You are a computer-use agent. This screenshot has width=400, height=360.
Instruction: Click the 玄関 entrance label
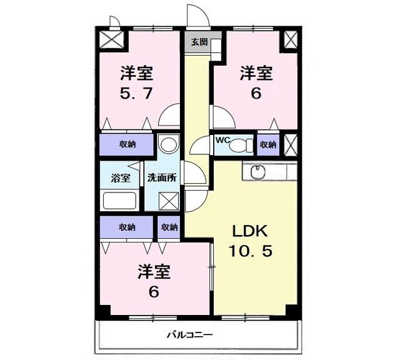click(199, 42)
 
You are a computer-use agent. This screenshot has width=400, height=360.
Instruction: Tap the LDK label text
click(249, 232)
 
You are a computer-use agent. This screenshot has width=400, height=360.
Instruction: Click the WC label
click(222, 141)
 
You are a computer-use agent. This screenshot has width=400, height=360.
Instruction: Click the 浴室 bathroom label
click(121, 177)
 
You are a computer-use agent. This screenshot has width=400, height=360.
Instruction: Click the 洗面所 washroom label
click(162, 177)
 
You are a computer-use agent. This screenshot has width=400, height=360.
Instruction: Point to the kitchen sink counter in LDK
click(269, 171)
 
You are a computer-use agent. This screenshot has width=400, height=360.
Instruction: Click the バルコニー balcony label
click(189, 334)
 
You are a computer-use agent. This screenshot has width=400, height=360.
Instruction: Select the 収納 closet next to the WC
click(268, 144)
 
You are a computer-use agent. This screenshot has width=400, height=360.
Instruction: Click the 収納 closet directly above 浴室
click(127, 144)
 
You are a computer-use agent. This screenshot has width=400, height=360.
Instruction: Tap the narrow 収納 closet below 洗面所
click(169, 227)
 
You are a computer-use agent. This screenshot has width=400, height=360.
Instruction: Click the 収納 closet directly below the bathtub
click(127, 227)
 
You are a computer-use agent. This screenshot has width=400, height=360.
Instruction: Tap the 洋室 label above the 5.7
click(137, 74)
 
